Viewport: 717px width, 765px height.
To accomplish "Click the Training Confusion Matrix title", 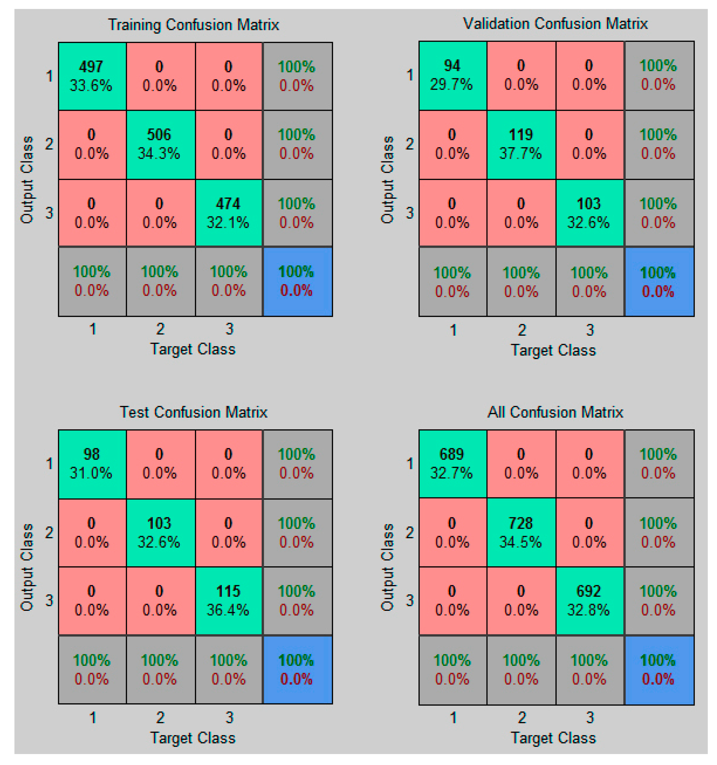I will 193,25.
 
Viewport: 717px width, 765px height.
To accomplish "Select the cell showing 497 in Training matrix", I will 92,76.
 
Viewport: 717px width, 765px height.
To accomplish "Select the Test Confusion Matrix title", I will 193,412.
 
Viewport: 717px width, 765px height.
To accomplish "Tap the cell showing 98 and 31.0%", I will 92,464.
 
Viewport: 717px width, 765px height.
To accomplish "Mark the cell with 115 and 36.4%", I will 229,600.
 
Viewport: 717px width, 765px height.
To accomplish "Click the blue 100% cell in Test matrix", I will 297,670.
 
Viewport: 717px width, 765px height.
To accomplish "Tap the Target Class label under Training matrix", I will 192,349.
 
